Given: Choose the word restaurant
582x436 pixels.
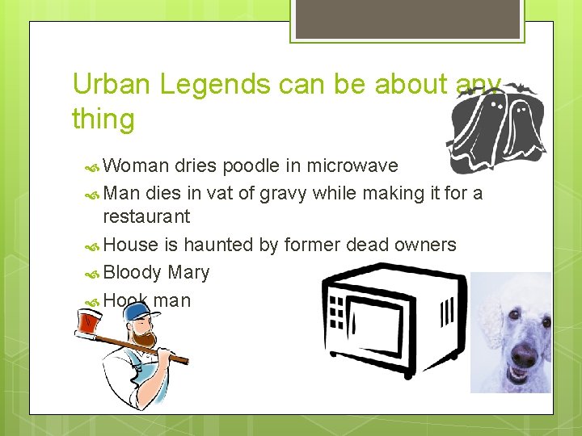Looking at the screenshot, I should coord(146,216).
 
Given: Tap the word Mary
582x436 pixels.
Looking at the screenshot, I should coord(188,273).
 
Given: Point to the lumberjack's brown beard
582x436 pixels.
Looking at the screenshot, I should coord(143,337).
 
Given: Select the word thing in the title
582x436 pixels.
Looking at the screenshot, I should coord(103,119).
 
